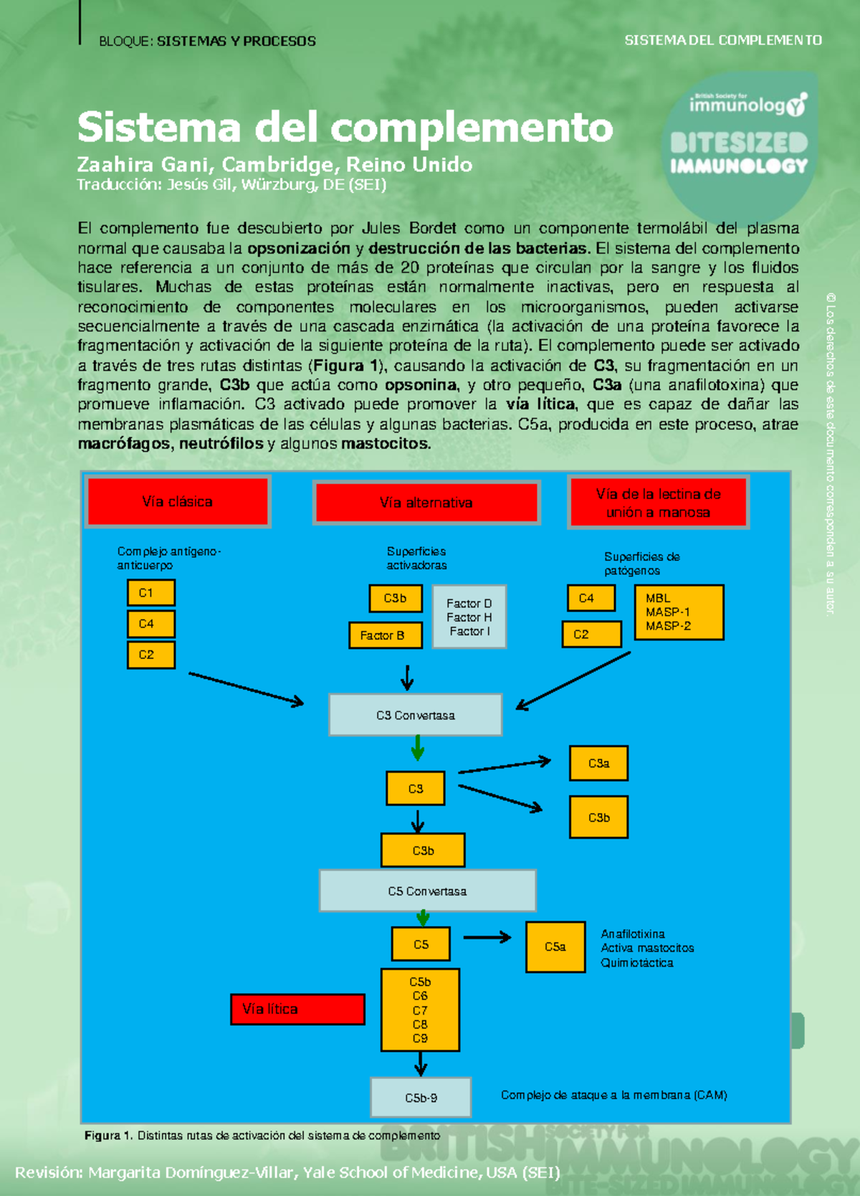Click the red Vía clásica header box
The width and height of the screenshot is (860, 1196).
click(177, 502)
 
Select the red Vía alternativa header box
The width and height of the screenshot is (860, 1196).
click(426, 503)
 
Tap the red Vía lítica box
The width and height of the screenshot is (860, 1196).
click(297, 1009)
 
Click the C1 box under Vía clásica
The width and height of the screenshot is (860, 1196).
click(150, 593)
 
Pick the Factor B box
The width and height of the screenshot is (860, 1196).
click(386, 635)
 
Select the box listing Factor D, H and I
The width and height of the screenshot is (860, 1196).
click(469, 617)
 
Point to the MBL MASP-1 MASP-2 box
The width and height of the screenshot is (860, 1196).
click(679, 612)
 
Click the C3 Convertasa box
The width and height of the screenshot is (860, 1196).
click(416, 715)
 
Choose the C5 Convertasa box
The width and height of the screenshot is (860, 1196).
click(428, 891)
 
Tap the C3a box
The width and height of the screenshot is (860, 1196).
click(598, 764)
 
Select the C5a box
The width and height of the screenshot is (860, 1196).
click(555, 946)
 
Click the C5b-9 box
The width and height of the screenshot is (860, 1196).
click(421, 1098)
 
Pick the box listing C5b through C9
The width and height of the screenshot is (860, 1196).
click(420, 1010)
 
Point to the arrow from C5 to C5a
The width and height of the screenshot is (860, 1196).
click(487, 937)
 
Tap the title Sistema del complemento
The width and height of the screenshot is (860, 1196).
click(345, 128)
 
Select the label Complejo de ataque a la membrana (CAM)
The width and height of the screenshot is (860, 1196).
click(614, 1095)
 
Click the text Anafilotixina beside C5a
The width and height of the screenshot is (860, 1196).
click(633, 934)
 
